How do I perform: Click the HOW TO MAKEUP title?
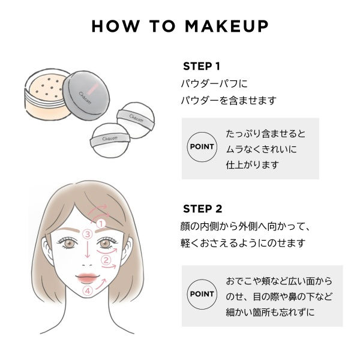[180, 27]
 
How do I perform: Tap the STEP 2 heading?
[202, 209]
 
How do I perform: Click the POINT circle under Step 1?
[202, 147]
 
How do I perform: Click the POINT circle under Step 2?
[202, 294]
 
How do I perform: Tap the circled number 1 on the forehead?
[101, 223]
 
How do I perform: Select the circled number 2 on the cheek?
[106, 260]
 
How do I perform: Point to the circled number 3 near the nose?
[88, 234]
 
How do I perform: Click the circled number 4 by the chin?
[88, 291]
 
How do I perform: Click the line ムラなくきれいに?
[261, 148]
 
